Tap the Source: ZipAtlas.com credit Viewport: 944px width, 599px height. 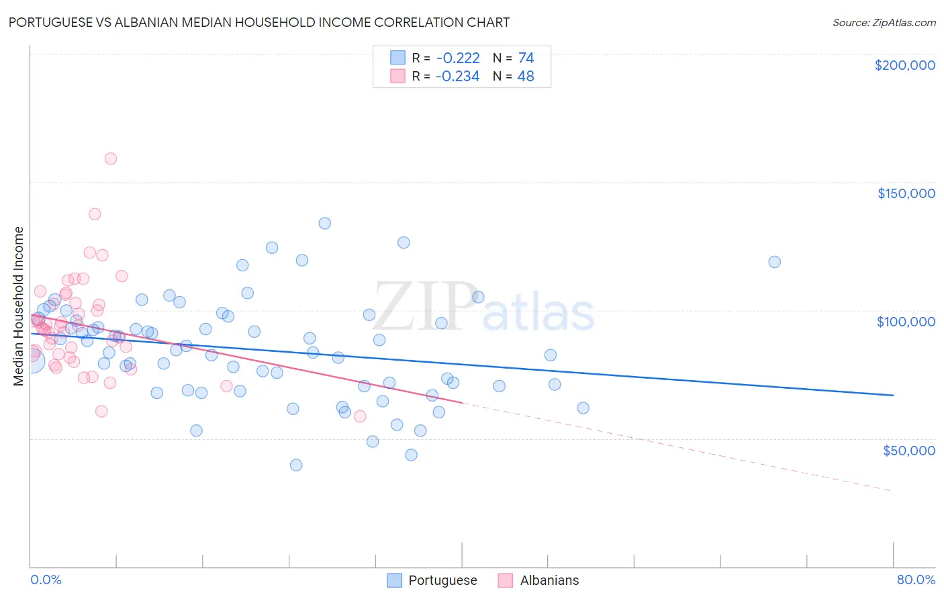(884, 22)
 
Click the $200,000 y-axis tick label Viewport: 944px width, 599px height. (904, 65)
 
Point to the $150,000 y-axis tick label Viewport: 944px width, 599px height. (906, 193)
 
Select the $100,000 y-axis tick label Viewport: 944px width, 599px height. (906, 322)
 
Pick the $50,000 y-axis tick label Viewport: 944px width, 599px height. (908, 450)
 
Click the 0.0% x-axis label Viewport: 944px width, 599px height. (46, 580)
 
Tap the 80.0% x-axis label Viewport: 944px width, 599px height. (916, 580)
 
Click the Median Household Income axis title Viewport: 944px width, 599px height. (19, 306)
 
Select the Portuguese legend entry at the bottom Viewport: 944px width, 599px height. (432, 580)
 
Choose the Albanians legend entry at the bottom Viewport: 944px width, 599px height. (538, 580)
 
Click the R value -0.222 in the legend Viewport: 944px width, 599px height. (457, 58)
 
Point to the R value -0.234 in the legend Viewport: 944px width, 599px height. (457, 77)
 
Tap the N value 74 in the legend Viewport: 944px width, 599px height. (526, 58)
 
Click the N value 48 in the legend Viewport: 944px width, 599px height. (526, 77)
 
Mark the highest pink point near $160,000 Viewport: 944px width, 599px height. (111, 158)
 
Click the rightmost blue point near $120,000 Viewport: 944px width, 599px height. (774, 262)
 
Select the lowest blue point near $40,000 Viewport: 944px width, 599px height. (296, 465)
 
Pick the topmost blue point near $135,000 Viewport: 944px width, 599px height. (324, 223)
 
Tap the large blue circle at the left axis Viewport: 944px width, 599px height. (32, 361)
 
